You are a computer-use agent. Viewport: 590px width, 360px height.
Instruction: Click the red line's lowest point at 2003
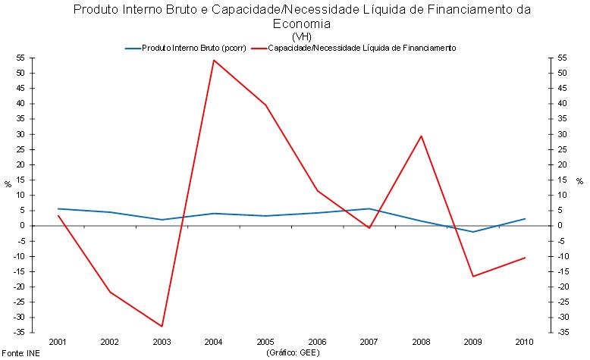point(162,327)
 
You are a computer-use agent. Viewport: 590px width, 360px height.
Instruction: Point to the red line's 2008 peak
point(421,136)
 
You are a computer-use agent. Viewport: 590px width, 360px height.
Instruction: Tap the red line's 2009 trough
point(473,276)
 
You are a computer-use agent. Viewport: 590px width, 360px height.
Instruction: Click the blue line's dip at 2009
point(473,232)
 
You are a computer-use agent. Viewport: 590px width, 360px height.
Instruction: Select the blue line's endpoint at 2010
point(525,219)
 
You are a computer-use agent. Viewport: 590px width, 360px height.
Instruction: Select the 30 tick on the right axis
point(563,134)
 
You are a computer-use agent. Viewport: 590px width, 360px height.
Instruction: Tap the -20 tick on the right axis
point(564,286)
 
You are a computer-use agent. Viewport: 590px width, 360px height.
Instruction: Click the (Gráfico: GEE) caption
point(292,353)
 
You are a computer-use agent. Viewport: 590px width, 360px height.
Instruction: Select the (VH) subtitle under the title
point(300,36)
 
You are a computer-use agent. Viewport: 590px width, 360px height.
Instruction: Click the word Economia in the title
point(301,23)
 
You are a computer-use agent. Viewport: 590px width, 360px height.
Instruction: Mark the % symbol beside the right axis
point(579,182)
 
